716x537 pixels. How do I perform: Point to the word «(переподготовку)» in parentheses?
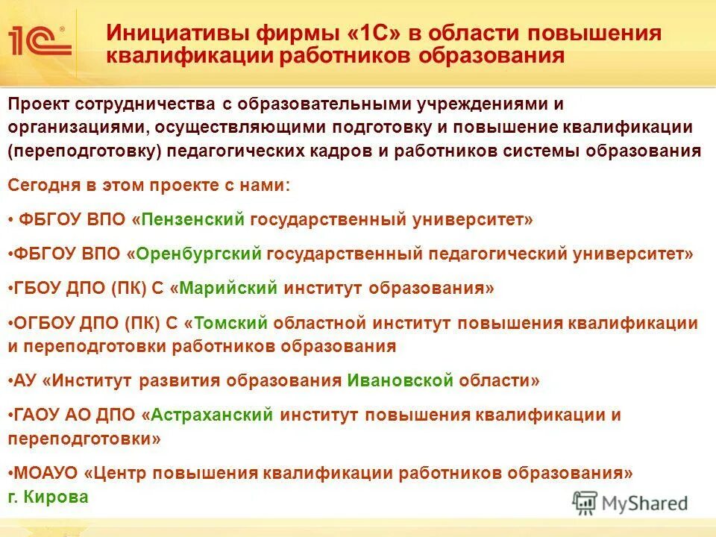[85, 151]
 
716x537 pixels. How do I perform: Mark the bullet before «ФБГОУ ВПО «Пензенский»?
[11, 220]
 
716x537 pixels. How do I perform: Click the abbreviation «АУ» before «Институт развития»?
[25, 380]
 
